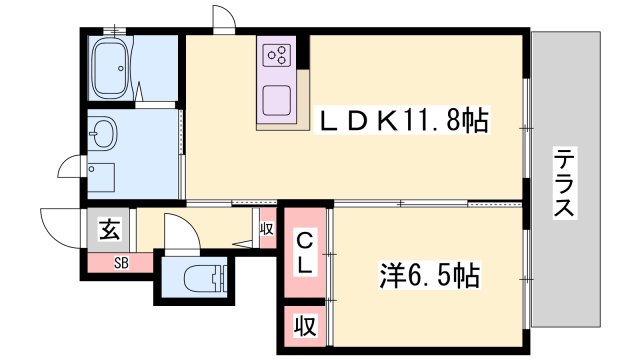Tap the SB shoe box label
(x=121, y=264)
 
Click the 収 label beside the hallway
(x=266, y=229)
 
